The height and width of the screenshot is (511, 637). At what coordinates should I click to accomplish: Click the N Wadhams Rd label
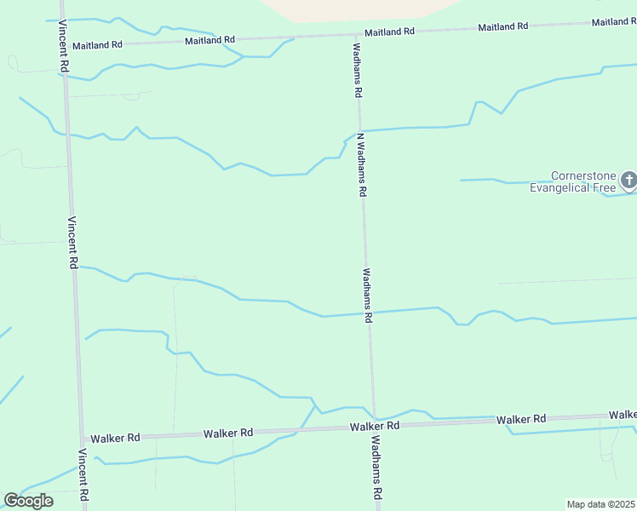coord(361,165)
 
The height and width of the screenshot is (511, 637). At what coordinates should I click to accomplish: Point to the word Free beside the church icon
coord(604,187)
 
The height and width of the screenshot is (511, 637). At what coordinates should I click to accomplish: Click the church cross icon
coord(628,180)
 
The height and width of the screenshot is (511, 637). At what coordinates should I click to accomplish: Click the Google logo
coord(28,501)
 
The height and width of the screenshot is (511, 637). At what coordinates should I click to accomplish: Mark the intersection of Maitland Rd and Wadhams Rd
coord(356,35)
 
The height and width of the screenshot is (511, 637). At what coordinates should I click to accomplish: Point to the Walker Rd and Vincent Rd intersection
coord(82,437)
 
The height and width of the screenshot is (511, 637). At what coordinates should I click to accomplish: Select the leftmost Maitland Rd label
coord(97,44)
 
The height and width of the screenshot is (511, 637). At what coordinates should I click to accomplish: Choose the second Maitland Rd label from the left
coord(209,40)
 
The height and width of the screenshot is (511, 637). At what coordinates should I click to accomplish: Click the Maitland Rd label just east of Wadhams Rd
coord(389,32)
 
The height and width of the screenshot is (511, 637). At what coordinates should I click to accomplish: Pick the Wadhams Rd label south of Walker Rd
coord(376,468)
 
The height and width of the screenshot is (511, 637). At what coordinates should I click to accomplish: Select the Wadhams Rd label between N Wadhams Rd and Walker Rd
coord(368,296)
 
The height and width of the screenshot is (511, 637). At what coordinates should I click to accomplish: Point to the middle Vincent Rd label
coord(72,242)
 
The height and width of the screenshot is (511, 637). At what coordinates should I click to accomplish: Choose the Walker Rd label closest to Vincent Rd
coord(115,438)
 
